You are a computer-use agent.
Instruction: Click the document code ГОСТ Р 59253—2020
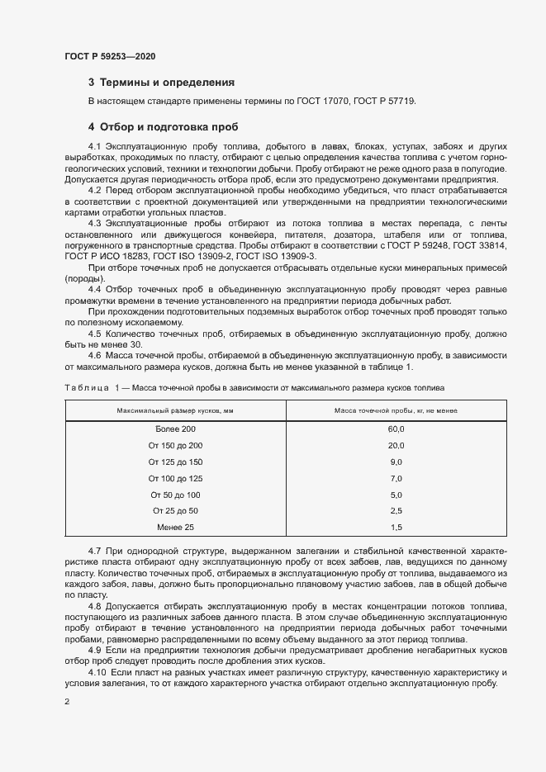pos(110,57)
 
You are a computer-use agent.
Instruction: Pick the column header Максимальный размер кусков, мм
pos(175,410)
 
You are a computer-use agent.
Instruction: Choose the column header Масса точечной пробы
pos(396,410)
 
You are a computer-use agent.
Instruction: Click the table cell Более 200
pos(175,429)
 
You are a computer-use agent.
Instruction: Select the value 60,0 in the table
pos(396,429)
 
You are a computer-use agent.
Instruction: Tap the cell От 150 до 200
pos(175,446)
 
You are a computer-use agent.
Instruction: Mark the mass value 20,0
pos(396,446)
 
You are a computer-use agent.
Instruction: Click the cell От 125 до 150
pos(175,462)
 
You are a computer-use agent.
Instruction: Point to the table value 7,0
pos(396,479)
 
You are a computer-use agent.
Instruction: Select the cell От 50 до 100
pos(175,495)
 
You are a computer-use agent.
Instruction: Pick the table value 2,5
pos(396,511)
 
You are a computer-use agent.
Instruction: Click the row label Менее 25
pos(175,527)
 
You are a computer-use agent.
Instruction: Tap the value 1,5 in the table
pos(396,527)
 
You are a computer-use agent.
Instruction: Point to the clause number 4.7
pos(95,549)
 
